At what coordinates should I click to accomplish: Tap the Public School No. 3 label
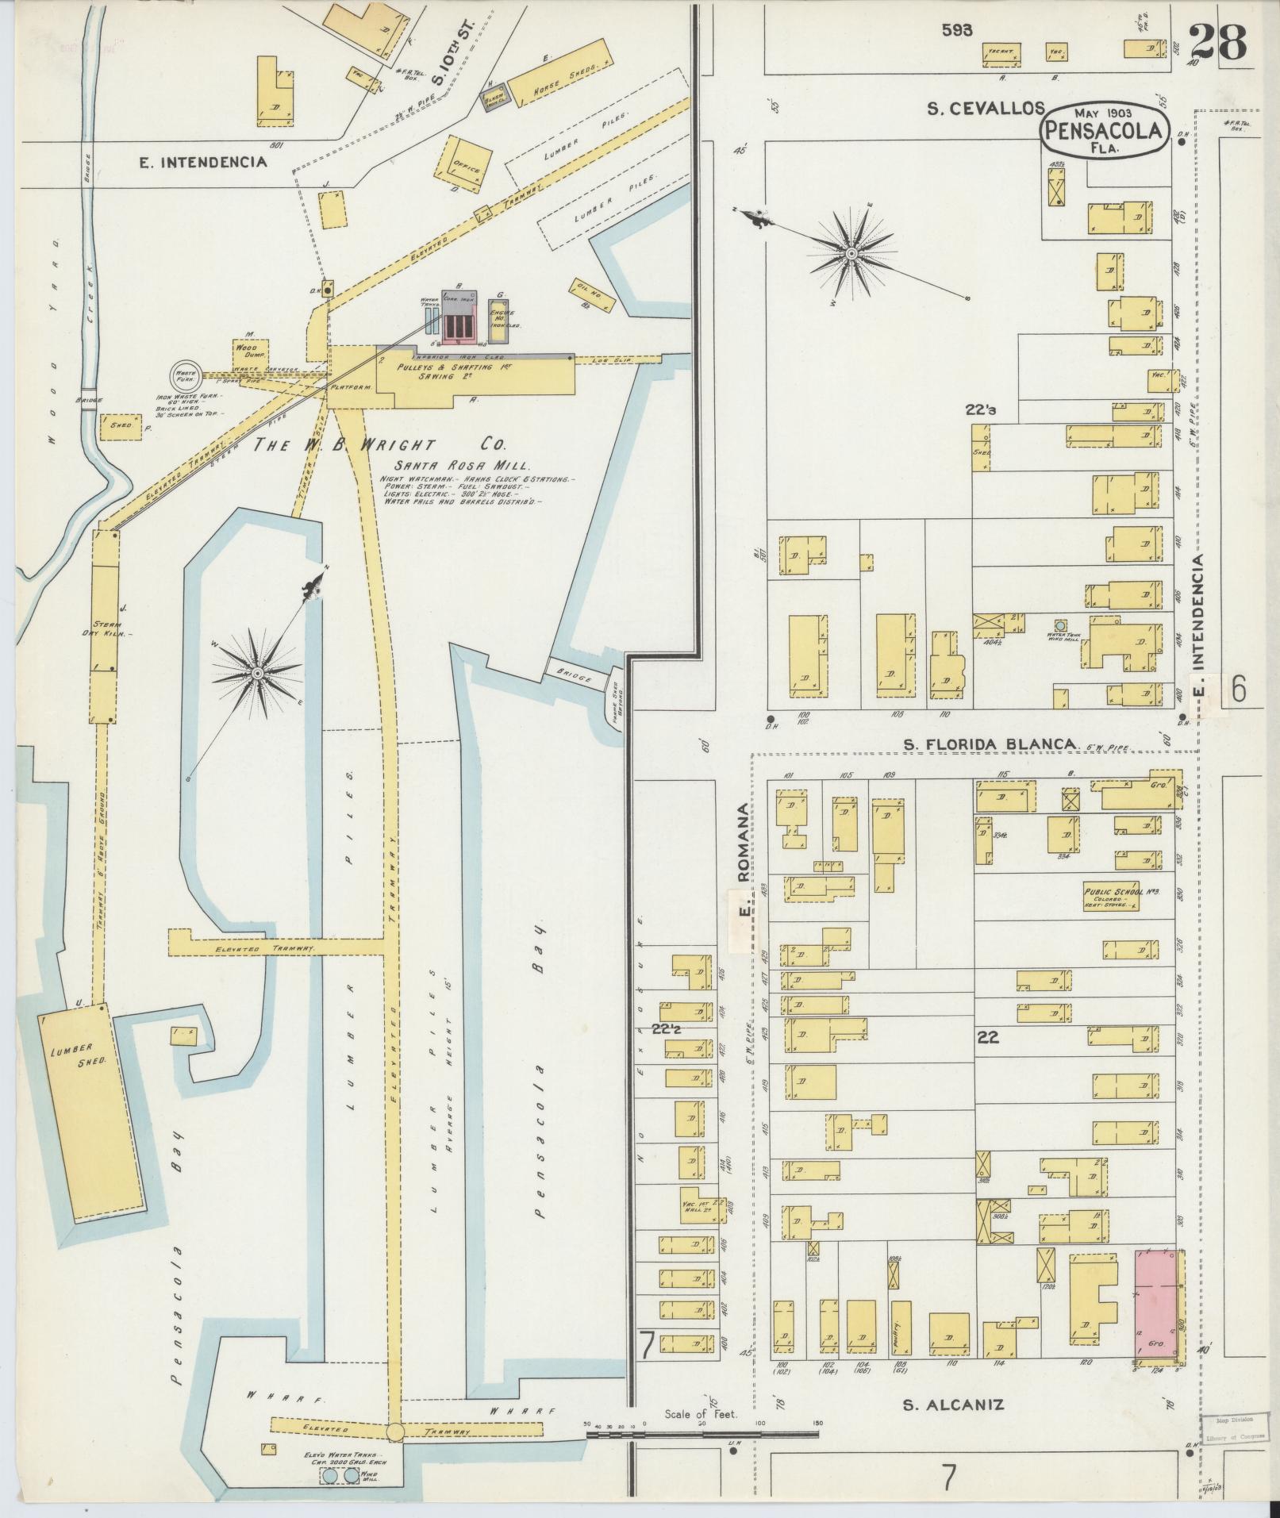click(x=1120, y=892)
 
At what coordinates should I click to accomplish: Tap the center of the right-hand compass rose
click(x=851, y=254)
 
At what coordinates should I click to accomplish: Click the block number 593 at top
click(x=958, y=30)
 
